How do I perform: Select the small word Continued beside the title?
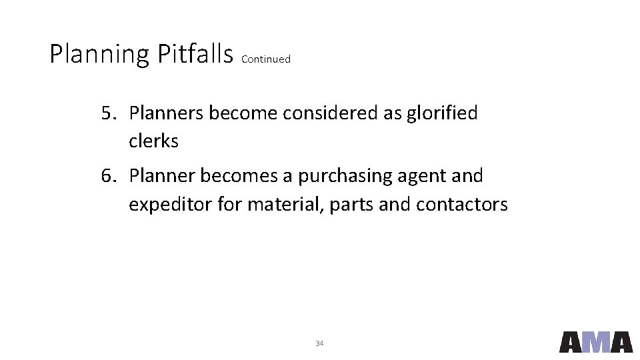click(266, 59)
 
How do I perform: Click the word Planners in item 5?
click(167, 113)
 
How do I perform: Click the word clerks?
click(153, 141)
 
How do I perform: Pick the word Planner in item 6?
click(162, 176)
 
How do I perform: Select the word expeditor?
click(171, 205)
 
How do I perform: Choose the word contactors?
click(461, 205)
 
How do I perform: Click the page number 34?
click(319, 343)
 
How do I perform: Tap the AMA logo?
click(595, 342)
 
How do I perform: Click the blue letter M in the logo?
click(596, 342)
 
